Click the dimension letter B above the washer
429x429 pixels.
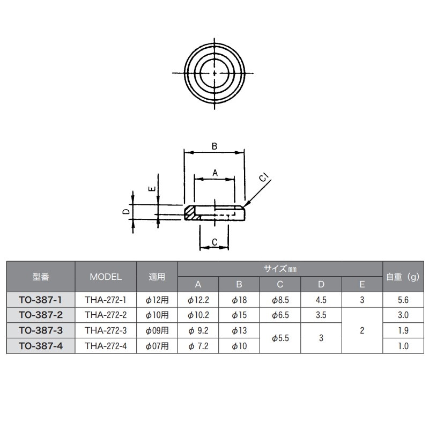213,145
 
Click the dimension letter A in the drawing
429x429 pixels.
214,173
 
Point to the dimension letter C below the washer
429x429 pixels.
213,242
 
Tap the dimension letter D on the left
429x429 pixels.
125,212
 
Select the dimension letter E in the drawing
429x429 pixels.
152,189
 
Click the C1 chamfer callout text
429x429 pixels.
263,179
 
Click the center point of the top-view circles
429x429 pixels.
214,73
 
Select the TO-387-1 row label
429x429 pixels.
41,300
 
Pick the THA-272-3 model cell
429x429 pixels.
106,331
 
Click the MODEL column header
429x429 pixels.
106,277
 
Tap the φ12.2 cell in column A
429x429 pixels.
198,300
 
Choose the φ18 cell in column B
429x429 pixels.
239,300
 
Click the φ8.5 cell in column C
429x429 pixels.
280,300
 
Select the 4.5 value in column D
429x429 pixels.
321,300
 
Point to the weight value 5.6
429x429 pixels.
403,300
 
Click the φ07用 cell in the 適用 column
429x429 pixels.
157,346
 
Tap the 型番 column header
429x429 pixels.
41,277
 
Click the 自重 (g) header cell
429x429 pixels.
403,277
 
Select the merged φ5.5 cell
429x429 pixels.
280,338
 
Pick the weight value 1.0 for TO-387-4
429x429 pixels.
403,346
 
